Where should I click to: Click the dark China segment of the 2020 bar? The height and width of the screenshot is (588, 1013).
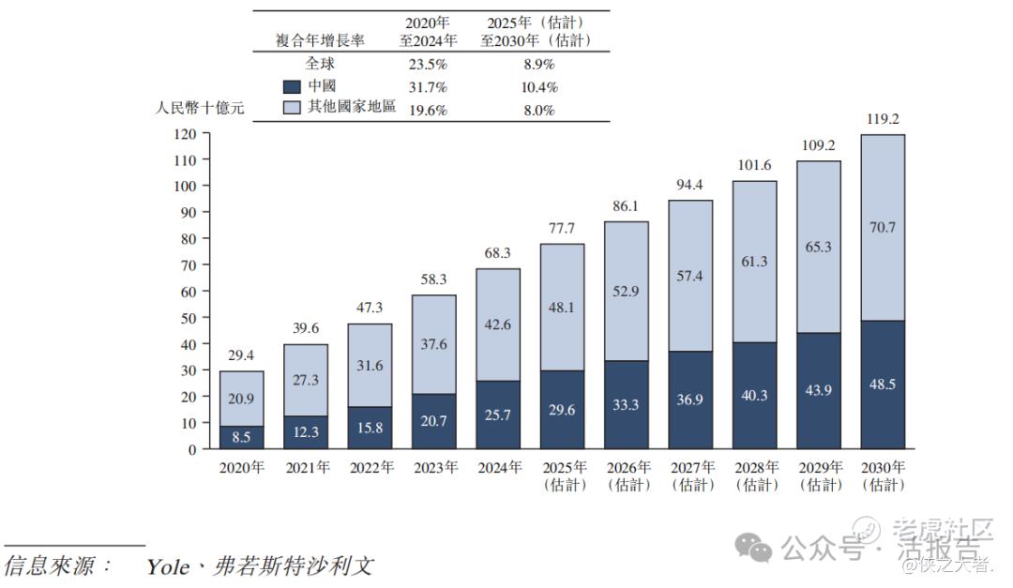[x=241, y=437]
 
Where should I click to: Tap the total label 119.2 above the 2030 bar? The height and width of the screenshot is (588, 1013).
[x=883, y=119]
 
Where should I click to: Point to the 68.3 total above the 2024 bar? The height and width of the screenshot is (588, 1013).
[x=498, y=253]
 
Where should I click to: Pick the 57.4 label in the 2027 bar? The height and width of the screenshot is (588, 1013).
[x=690, y=276]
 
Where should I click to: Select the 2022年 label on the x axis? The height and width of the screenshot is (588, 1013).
[x=370, y=467]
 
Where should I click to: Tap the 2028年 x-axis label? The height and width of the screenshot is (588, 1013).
[x=754, y=467]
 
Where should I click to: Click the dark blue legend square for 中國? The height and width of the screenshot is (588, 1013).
[x=291, y=87]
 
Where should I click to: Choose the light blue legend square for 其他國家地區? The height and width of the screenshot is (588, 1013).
[x=291, y=109]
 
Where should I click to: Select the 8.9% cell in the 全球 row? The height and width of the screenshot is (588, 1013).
[x=537, y=65]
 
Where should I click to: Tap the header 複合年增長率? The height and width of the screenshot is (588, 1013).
[x=320, y=40]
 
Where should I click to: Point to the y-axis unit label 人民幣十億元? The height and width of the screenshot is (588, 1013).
[x=200, y=108]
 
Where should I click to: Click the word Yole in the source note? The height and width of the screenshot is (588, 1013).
[x=169, y=566]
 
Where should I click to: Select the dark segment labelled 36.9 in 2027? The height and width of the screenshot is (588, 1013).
[x=690, y=400]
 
